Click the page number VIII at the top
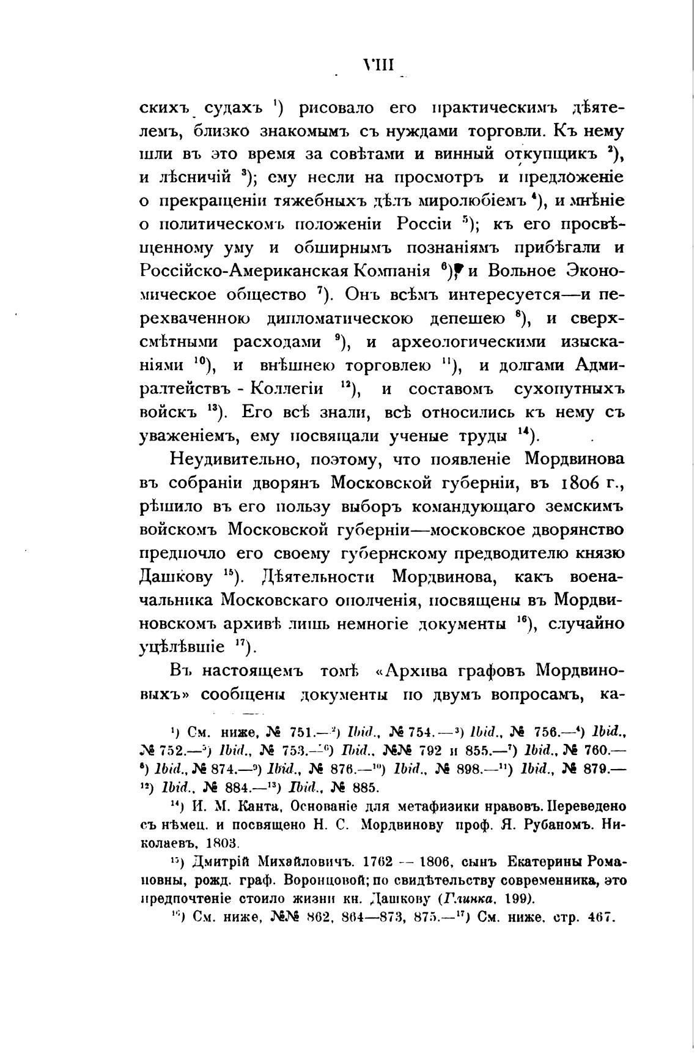379,64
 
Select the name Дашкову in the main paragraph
176,577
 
